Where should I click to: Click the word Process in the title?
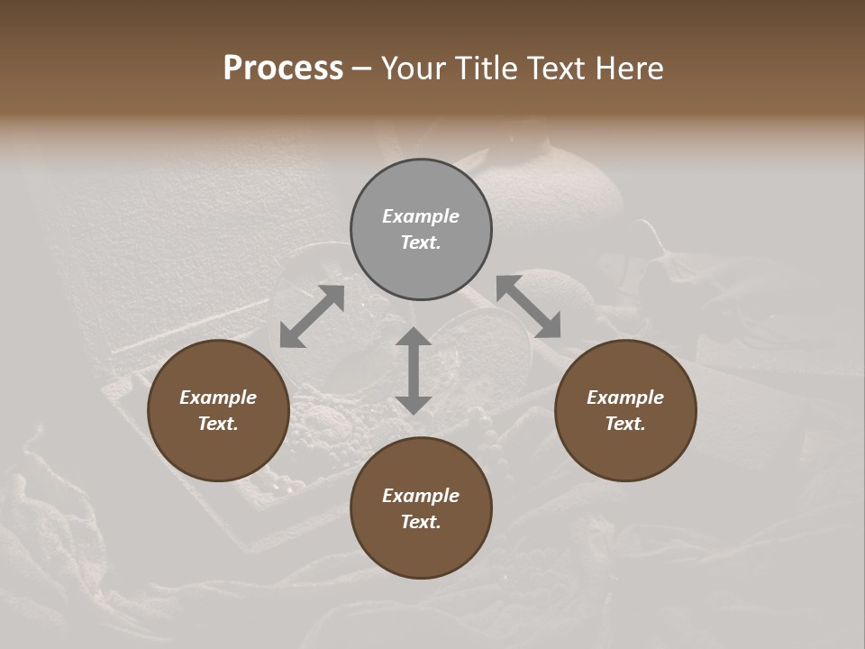pyautogui.click(x=283, y=69)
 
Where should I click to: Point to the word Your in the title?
pyautogui.click(x=414, y=69)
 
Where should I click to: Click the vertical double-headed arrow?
pyautogui.click(x=414, y=370)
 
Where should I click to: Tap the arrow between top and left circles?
pyautogui.click(x=312, y=316)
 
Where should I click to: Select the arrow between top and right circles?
pyautogui.click(x=528, y=306)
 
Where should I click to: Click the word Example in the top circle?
pyautogui.click(x=421, y=216)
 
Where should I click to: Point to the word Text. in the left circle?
pyautogui.click(x=218, y=424)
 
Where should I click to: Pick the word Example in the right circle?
pyautogui.click(x=625, y=398)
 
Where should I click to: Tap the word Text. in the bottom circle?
pyautogui.click(x=421, y=522)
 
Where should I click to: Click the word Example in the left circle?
pyautogui.click(x=218, y=398)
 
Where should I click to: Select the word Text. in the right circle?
pyautogui.click(x=625, y=424)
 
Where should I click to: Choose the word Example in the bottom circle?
pyautogui.click(x=421, y=496)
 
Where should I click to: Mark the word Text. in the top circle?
pyautogui.click(x=421, y=242)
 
